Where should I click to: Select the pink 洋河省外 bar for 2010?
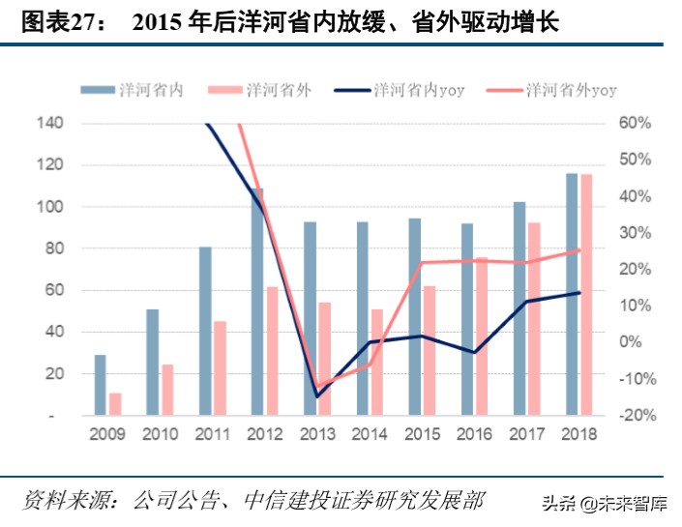pos(167,390)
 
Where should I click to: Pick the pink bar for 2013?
pos(325,359)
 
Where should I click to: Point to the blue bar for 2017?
pos(519,308)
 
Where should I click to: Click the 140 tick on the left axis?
pos(50,124)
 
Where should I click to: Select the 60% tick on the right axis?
pos(636,124)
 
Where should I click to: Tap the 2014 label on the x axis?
pos(370,434)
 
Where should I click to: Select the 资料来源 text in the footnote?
pos(61,500)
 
